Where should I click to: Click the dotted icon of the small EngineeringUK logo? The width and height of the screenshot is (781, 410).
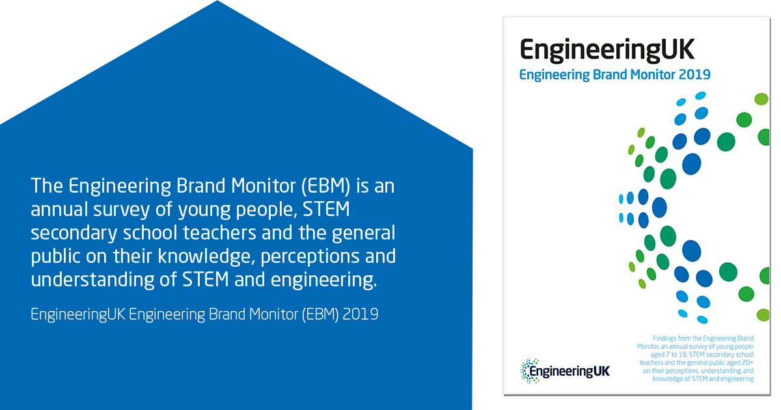[x=527, y=370]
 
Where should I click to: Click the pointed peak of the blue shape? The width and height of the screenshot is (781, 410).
[x=216, y=3]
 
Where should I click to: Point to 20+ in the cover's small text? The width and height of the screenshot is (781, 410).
[x=746, y=363]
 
